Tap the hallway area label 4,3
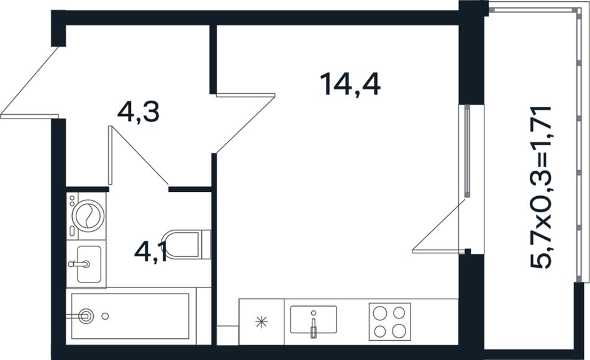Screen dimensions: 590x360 click(138, 112)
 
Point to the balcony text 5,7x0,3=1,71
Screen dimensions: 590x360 click(541, 187)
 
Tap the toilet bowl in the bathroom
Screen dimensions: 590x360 click(181, 245)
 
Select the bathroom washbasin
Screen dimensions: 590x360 click(89, 264)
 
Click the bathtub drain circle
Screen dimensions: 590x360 click(106, 317)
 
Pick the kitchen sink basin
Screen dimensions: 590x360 click(314, 320)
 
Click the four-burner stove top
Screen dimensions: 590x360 click(389, 322)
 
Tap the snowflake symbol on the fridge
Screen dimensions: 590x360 click(261, 322)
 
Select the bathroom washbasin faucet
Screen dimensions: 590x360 click(79, 264)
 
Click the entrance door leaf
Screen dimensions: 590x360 click(30, 116)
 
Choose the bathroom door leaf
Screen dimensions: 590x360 click(111, 156)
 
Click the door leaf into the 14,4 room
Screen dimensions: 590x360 click(246, 96)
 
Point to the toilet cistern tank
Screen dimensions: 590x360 click(206, 245)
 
